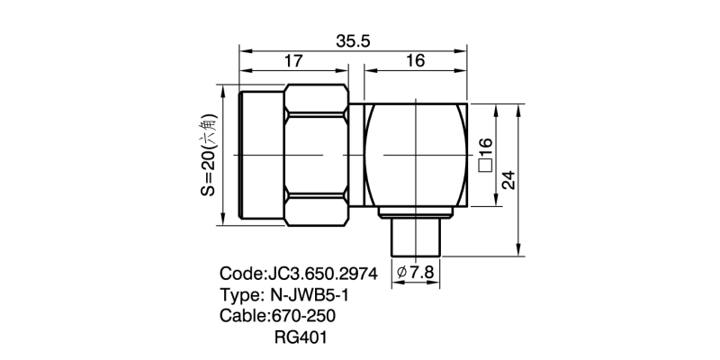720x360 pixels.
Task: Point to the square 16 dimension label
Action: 485,155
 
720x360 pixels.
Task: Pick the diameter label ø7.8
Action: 416,272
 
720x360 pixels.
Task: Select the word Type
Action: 239,295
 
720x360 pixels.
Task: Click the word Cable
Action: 242,317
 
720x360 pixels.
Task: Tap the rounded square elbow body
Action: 416,155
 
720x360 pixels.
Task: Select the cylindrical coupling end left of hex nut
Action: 261,155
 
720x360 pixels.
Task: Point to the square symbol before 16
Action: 485,166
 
